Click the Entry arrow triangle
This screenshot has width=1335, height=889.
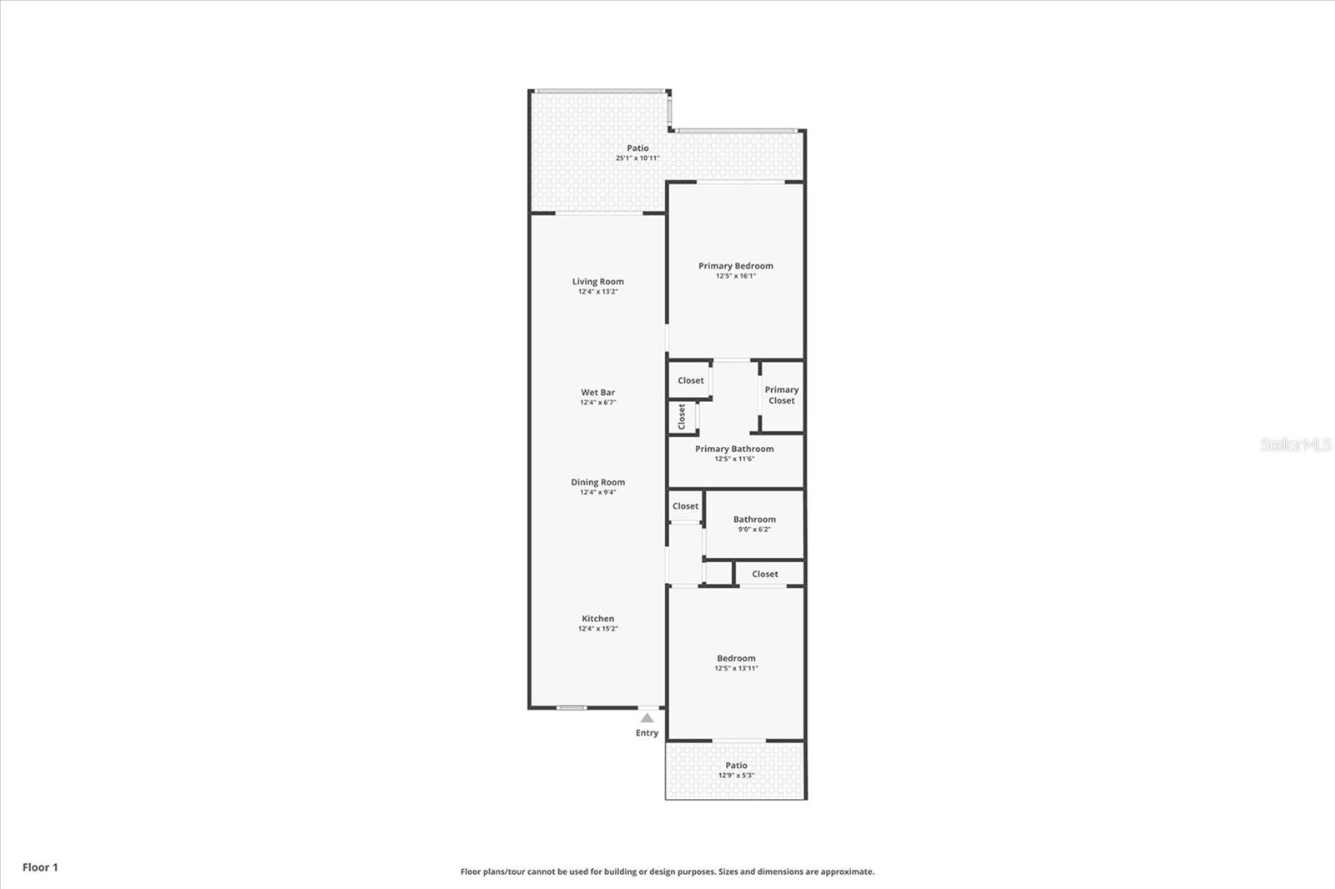[x=647, y=717]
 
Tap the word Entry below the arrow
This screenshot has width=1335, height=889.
[x=647, y=733]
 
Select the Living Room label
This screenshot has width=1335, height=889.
[x=597, y=281]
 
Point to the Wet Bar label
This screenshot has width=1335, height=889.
[x=597, y=392]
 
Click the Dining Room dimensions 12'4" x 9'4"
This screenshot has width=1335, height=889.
[x=597, y=492]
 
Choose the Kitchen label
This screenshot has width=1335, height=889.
[x=597, y=619]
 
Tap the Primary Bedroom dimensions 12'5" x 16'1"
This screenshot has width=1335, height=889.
[x=735, y=276]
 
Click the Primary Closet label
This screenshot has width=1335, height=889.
[x=781, y=395]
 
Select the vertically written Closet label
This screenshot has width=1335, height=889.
[x=682, y=416]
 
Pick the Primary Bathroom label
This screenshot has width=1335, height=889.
[x=734, y=449]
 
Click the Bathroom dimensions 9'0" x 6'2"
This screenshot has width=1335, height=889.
[x=754, y=529]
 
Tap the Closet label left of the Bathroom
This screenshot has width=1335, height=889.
[x=685, y=506]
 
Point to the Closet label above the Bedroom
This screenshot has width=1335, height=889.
[x=764, y=574]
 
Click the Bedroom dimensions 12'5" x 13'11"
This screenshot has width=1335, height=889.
[x=736, y=668]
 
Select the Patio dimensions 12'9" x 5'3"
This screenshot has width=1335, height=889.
[x=736, y=776]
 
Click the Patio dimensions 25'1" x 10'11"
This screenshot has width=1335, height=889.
[x=637, y=158]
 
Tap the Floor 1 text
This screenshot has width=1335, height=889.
[x=41, y=867]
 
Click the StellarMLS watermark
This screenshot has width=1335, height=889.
[x=1296, y=444]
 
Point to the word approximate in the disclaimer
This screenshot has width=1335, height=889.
[x=848, y=871]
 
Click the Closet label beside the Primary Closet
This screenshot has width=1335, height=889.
[x=691, y=380]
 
